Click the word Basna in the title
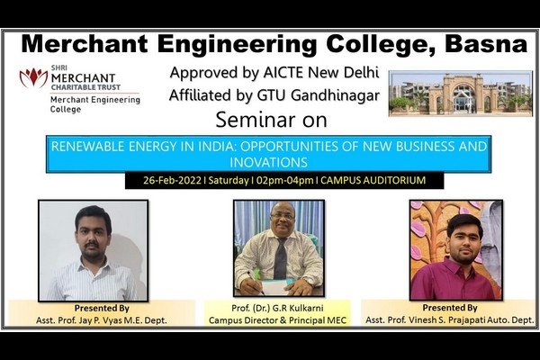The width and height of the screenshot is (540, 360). tap(486, 44)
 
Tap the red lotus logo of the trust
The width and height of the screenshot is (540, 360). tap(33, 78)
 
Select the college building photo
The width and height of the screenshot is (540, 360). tap(461, 93)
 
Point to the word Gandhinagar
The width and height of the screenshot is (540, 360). tap(335, 96)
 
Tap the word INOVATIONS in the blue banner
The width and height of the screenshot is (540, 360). tap(268, 162)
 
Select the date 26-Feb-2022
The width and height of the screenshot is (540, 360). tap(172, 180)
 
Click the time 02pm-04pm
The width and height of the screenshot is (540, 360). tap(284, 180)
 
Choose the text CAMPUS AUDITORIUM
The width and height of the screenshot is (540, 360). tap(373, 180)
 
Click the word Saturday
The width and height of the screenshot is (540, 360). tap(229, 180)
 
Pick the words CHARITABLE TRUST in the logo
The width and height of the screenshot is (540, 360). tap(85, 87)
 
